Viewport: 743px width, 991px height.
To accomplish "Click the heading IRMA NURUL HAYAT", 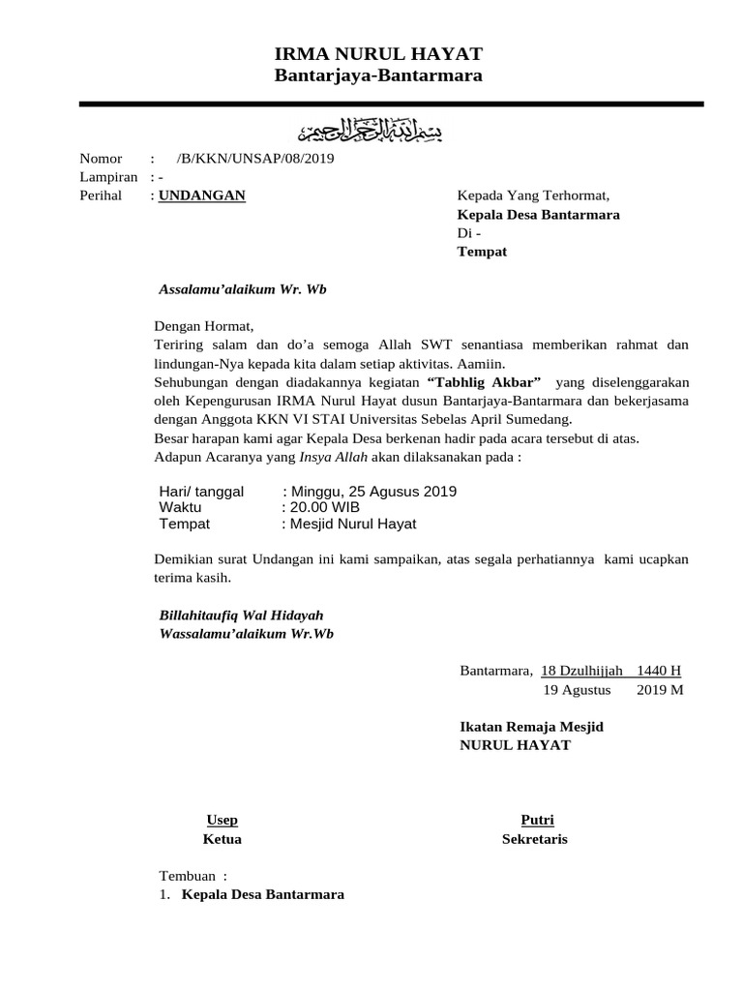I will [378, 53].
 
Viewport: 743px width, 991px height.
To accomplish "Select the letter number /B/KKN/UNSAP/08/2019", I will [255, 159].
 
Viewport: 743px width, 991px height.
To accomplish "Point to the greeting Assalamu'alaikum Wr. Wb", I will [243, 289].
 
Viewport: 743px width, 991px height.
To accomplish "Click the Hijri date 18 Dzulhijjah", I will [581, 671].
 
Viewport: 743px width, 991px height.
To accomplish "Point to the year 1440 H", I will [659, 671].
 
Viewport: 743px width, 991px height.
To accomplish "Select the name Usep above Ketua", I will [223, 820].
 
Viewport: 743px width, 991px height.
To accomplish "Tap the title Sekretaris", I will [535, 839].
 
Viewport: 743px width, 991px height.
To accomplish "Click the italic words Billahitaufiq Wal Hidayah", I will [241, 616].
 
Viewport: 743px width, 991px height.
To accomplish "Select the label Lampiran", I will [108, 177].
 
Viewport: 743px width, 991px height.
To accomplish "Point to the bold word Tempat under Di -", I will [482, 252].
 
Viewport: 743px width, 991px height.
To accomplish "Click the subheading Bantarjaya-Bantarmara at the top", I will [378, 75].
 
